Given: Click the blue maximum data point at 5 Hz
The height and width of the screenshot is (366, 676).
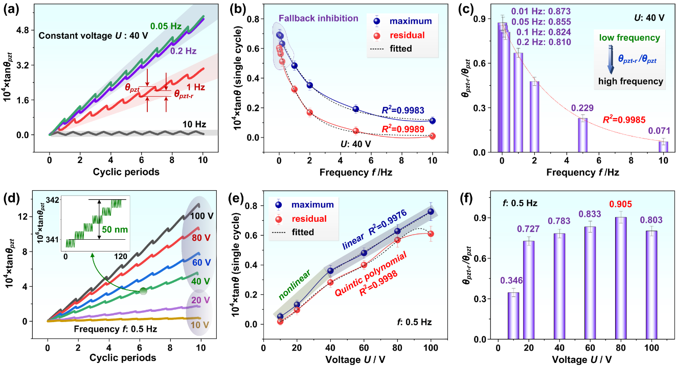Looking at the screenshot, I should (x=356, y=109).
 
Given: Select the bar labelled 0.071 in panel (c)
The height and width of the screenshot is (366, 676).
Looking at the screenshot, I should (x=663, y=147).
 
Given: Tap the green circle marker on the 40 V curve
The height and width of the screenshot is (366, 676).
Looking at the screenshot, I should (x=144, y=291).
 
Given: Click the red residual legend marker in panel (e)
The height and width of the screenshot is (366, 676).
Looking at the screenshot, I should (x=279, y=219).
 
